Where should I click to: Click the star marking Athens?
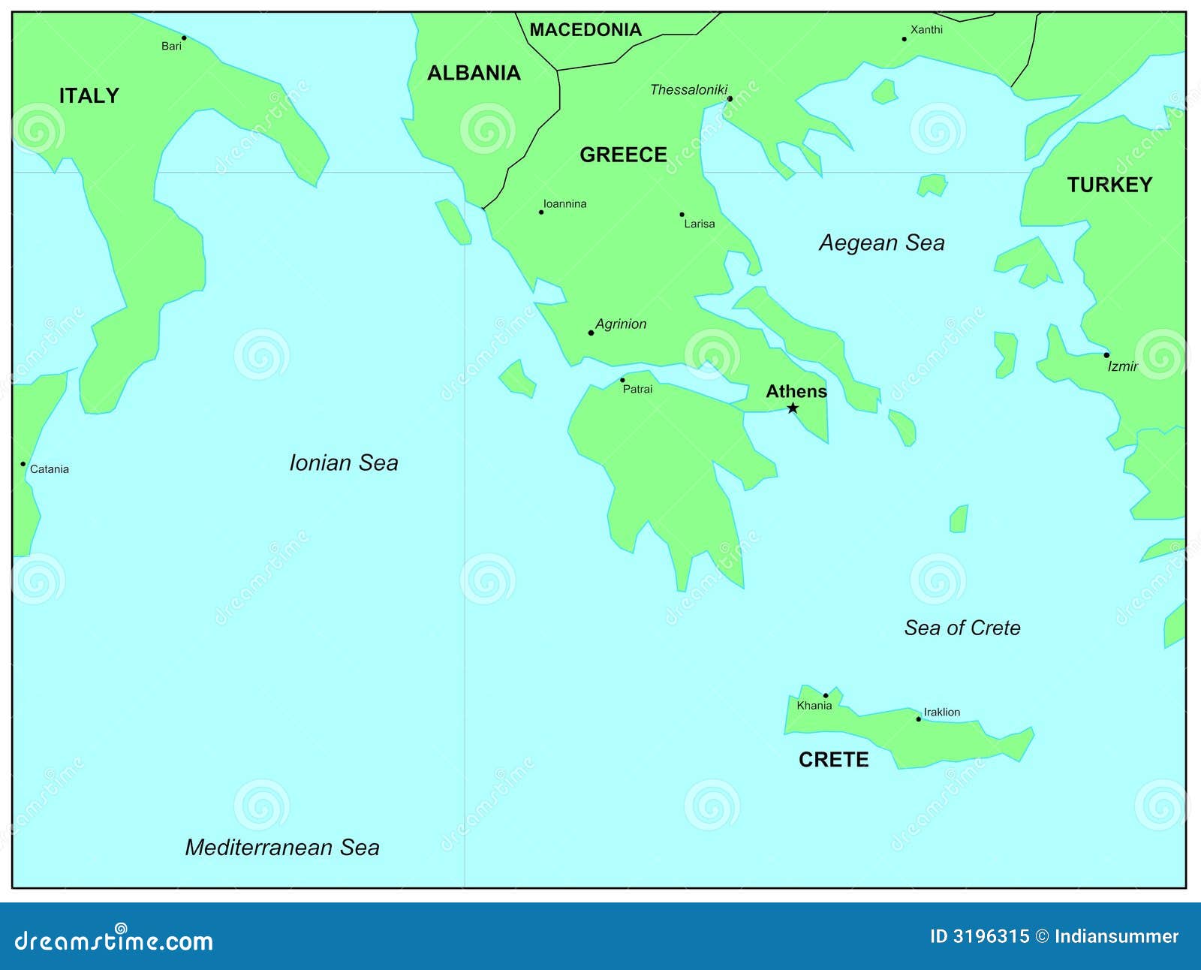(x=793, y=408)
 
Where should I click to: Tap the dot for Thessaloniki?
(x=730, y=98)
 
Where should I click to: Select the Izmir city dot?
(x=1106, y=355)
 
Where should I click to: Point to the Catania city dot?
(x=23, y=464)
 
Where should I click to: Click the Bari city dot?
(x=184, y=38)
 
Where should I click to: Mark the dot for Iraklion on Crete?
(x=918, y=719)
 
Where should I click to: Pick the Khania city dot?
(x=826, y=695)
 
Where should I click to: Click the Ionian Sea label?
(x=344, y=462)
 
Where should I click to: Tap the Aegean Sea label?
(x=881, y=242)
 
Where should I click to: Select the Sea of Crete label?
(x=962, y=628)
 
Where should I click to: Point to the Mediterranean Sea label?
(x=282, y=848)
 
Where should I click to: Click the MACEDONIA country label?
(x=585, y=30)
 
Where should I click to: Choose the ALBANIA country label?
(x=474, y=73)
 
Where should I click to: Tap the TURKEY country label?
(x=1109, y=185)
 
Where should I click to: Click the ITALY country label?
(x=89, y=96)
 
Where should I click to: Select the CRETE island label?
(x=833, y=760)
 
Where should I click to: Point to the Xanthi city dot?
(x=905, y=39)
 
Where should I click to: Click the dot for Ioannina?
(x=541, y=212)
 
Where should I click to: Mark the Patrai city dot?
(x=622, y=380)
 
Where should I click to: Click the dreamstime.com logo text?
(x=114, y=940)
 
